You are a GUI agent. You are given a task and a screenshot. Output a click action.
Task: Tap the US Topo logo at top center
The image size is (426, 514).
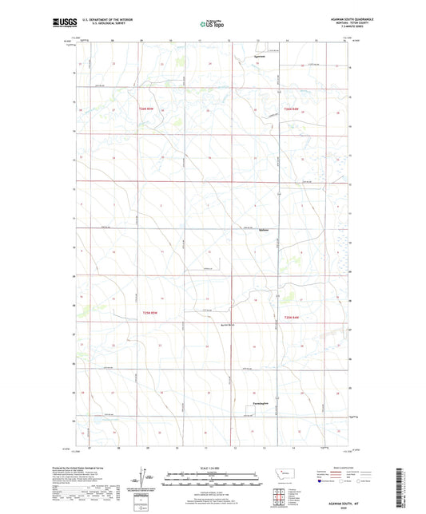(213, 25)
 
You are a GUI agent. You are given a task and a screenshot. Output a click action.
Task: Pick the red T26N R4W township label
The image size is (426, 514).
(289, 108)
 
